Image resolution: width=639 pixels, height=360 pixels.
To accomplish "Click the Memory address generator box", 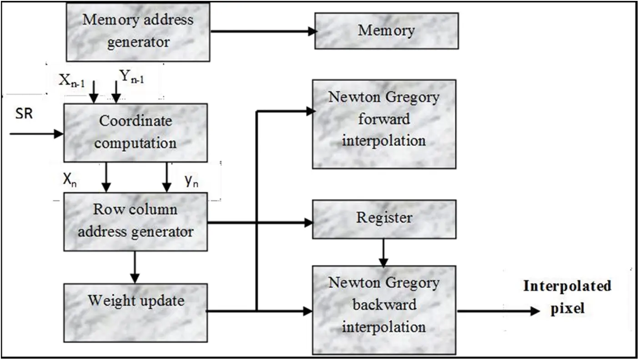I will [138, 31].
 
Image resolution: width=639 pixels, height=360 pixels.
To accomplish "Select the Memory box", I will [387, 30].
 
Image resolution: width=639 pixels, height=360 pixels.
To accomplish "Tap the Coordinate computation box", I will [136, 132].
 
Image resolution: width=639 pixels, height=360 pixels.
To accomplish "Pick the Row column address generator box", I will [136, 221].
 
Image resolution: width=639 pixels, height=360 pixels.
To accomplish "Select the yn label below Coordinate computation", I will [191, 181].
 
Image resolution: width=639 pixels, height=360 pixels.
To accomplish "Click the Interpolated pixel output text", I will [567, 297].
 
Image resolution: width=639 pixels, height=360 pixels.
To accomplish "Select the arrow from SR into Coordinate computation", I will [36, 134].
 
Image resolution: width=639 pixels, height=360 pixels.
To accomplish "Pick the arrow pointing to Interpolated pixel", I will [498, 311].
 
